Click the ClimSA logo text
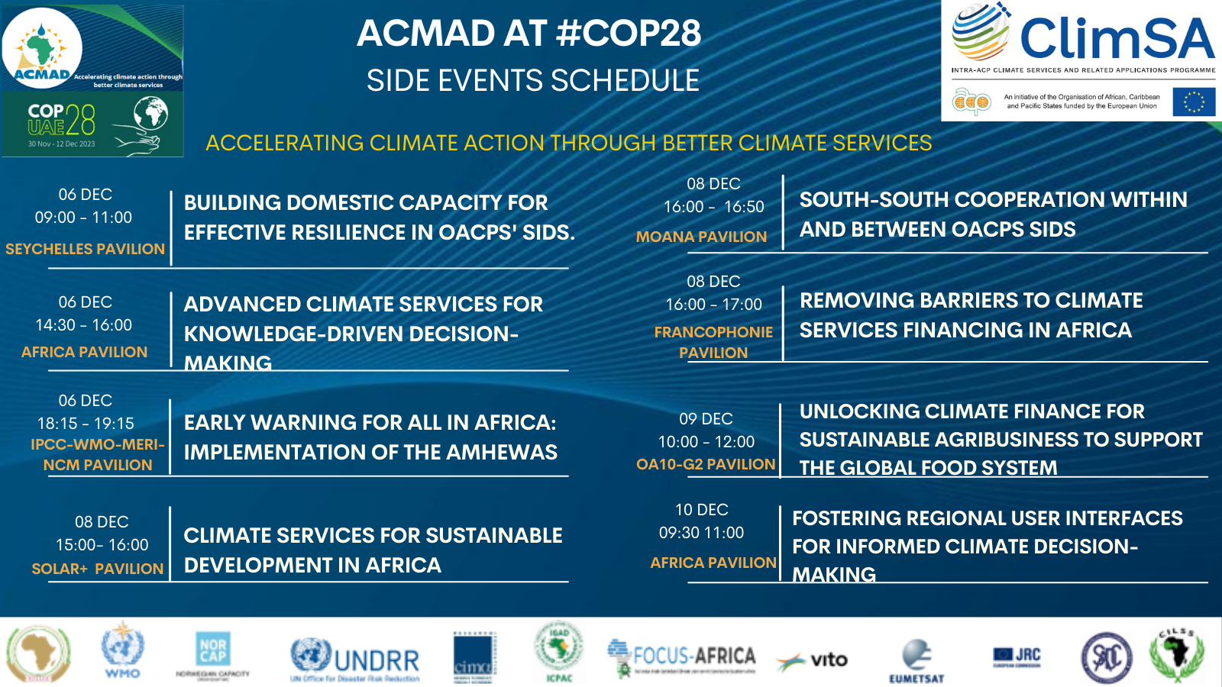pos(1117,38)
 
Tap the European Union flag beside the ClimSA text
pos(1194,102)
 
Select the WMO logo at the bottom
pos(122,651)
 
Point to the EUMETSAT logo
pos(916,661)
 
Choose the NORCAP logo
pos(212,653)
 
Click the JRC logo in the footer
pos(1017,655)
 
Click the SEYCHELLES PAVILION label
pos(85,249)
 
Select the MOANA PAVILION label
pos(701,237)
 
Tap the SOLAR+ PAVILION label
pos(97,569)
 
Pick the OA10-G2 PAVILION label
pos(706,464)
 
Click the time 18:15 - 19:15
pos(86,423)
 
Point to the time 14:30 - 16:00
pos(84,325)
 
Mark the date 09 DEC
pos(706,419)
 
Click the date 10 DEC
pos(701,510)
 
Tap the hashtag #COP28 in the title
pos(629,34)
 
